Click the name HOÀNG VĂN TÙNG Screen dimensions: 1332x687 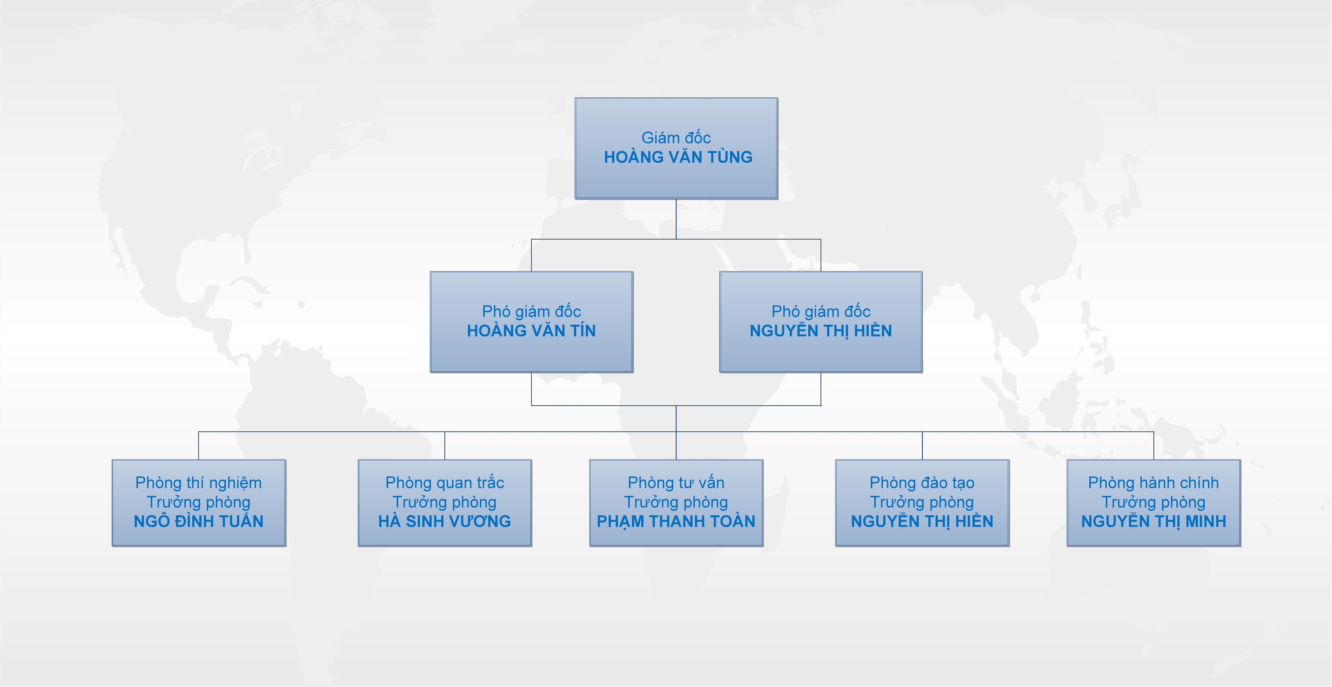pyautogui.click(x=678, y=157)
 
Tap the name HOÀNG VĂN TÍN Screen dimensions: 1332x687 pyautogui.click(x=531, y=331)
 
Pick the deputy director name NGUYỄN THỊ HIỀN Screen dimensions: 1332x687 pyautogui.click(x=821, y=331)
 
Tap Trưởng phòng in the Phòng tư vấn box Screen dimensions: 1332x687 pyautogui.click(x=676, y=502)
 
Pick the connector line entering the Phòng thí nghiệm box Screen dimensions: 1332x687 pyautogui.click(x=199, y=446)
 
